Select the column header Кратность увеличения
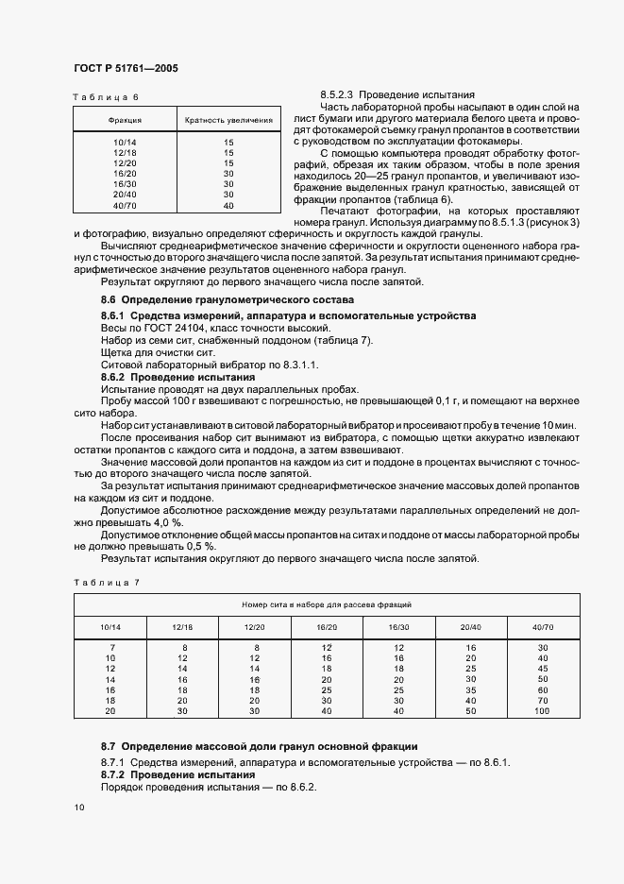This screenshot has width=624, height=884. pos(229,121)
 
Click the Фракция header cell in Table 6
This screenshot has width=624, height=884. pos(126,121)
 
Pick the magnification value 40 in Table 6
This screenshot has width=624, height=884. pos(228,205)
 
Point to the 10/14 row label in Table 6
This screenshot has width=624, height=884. pos(125,142)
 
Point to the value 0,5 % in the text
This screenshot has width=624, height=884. pos(199,546)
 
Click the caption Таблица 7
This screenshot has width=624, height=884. pos(106,582)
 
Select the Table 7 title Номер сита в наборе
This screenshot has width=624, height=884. pos(326,603)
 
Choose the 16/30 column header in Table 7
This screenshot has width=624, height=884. pos(397,627)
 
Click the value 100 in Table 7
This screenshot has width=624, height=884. pos(542,710)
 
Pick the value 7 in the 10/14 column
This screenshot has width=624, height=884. pos(110,648)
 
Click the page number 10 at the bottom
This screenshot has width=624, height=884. pos(78,807)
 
